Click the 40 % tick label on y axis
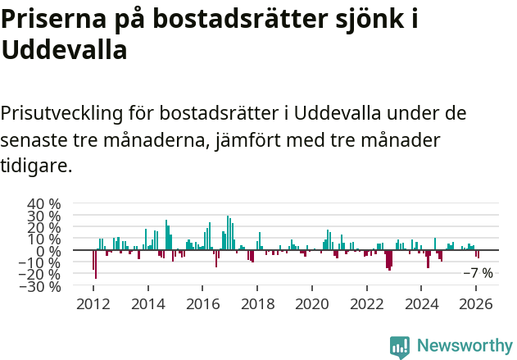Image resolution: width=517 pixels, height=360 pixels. pyautogui.click(x=44, y=203)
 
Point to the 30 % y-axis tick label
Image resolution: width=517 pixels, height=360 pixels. pyautogui.click(x=44, y=216)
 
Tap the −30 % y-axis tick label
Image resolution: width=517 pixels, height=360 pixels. pyautogui.click(x=41, y=286)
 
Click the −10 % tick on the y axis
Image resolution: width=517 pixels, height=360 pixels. pyautogui.click(x=41, y=262)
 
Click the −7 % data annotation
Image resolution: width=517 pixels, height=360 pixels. pyautogui.click(x=478, y=273)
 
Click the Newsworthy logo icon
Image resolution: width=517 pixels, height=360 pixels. pyautogui.click(x=400, y=346)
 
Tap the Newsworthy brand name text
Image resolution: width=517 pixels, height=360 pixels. pyautogui.click(x=464, y=346)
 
